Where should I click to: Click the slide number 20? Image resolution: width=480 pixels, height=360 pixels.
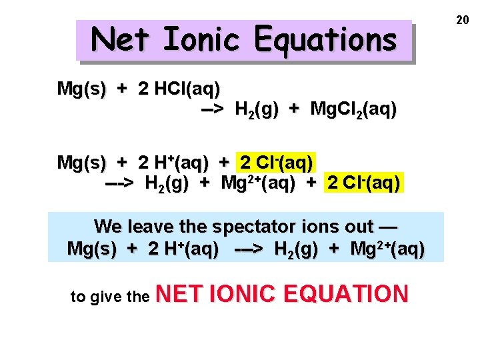tap(463, 21)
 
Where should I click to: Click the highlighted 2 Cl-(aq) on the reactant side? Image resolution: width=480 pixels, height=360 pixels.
tap(276, 162)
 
